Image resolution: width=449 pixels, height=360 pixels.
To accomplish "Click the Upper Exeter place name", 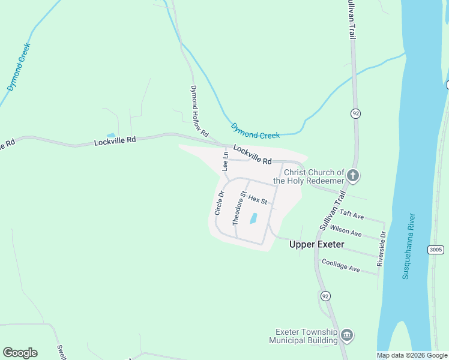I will coord(316,244).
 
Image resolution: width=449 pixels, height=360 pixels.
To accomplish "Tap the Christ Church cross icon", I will coord(353,176).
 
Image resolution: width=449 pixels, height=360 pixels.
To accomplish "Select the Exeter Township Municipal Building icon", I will coord(346,335).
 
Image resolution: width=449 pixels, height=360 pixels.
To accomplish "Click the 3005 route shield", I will coord(436,249).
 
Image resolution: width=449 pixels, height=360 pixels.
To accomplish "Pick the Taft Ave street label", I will coord(352,214).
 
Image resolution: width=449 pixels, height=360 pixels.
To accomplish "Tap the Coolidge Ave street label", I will coord(340,265).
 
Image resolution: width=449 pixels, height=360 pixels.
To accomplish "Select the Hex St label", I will coord(257,199).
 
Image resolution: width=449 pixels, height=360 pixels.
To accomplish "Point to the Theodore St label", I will coord(240,208).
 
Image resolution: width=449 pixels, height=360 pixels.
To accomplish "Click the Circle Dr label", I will coord(219,203).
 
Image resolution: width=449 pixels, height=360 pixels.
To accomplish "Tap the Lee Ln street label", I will coord(226,161).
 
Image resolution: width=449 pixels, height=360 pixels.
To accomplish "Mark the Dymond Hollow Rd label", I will coord(199,110).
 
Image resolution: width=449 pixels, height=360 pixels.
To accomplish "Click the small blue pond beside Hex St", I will coord(253,218).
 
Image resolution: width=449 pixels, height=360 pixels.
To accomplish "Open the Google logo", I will coord(20,353).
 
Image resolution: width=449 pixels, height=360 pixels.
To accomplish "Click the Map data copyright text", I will coord(412,355).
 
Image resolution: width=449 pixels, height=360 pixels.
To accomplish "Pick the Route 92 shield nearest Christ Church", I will coord(355,113).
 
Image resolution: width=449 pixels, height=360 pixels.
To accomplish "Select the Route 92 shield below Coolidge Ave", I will coord(325,296).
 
